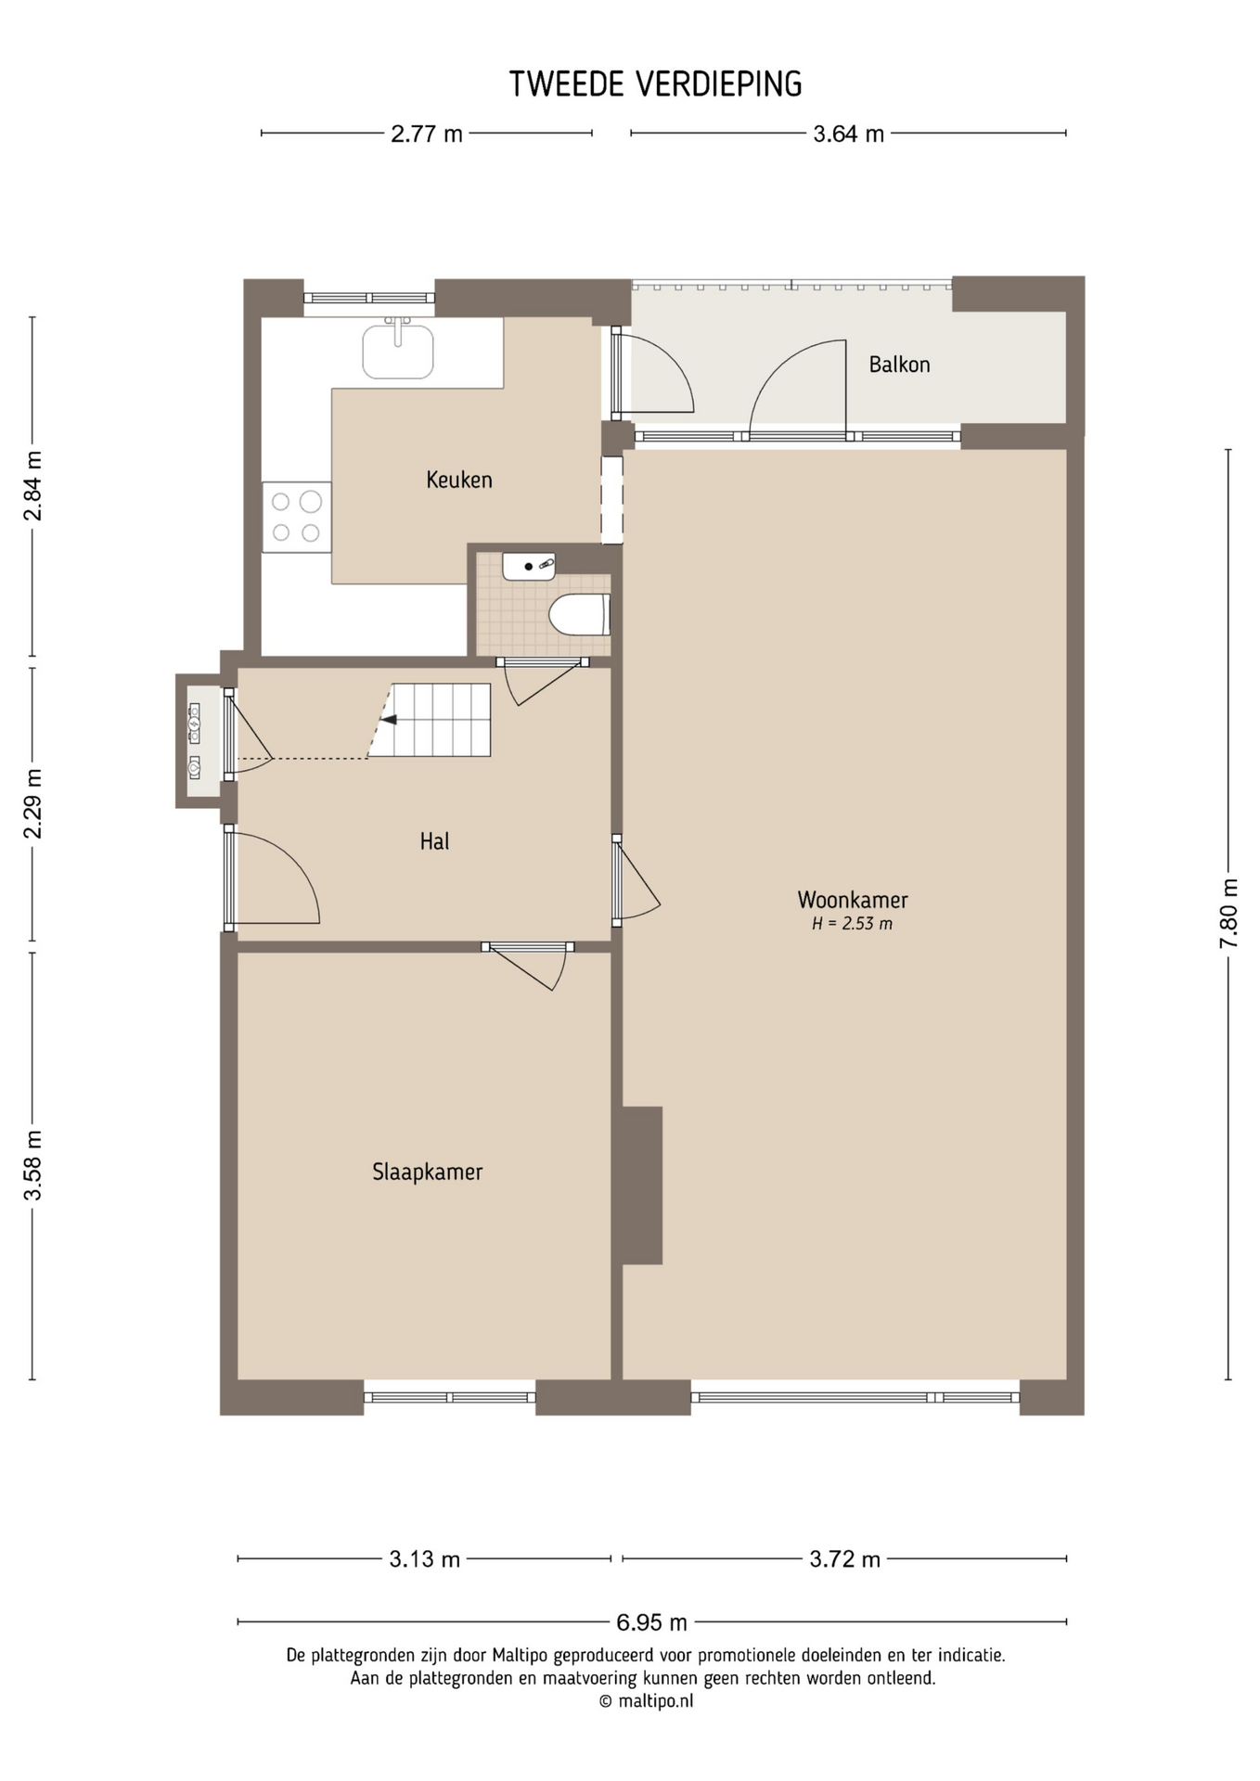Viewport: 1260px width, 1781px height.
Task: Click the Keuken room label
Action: [458, 480]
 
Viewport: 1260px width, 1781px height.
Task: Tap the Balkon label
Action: [899, 365]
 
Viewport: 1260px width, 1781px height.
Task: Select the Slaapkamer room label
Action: [427, 1172]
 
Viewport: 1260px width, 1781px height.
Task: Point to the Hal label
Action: [434, 841]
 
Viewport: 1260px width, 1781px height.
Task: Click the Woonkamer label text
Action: [853, 900]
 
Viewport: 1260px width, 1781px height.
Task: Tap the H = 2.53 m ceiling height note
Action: [852, 924]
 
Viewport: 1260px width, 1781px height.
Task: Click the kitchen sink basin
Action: [398, 351]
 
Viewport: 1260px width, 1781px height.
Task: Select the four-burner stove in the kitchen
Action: [296, 517]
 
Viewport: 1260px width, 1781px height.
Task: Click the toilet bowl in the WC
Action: [580, 614]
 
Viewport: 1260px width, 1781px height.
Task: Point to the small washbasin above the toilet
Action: [529, 566]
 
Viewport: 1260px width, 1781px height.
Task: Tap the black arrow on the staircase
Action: [389, 720]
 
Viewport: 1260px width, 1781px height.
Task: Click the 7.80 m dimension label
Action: [1228, 914]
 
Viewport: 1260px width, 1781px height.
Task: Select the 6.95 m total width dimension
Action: [651, 1622]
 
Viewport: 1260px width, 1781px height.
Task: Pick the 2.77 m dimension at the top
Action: [426, 134]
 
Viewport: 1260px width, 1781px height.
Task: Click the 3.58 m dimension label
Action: [32, 1165]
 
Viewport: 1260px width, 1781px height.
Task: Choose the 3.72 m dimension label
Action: [844, 1559]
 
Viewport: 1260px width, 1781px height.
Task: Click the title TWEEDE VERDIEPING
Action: [655, 84]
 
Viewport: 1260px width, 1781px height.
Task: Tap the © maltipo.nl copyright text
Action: [646, 1700]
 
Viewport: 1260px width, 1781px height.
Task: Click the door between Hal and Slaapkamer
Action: [527, 966]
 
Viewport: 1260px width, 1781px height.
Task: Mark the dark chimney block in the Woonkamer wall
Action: [642, 1185]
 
